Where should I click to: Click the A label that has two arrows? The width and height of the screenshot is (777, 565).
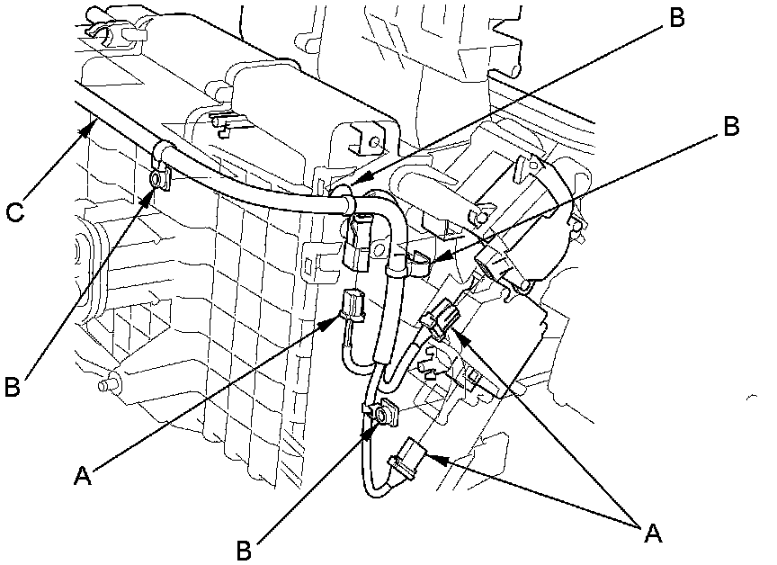tap(654, 532)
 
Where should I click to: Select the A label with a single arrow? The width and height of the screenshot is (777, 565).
tap(84, 473)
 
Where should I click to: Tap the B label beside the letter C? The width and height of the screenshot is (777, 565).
tap(13, 386)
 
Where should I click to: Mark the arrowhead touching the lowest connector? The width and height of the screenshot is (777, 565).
tap(432, 457)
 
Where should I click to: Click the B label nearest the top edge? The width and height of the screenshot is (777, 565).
tap(676, 19)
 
